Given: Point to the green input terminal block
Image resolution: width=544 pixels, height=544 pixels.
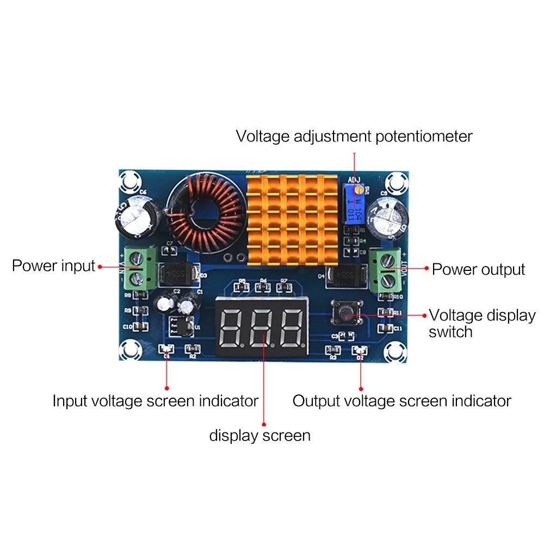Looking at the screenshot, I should (139, 267).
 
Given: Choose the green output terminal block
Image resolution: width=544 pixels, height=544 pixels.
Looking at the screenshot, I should (386, 269).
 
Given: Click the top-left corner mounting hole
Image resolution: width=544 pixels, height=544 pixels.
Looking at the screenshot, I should (131, 181).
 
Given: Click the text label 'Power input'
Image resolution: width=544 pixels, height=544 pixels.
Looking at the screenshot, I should (53, 266).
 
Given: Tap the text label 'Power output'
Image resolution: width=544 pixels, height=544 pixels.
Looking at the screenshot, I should (478, 269).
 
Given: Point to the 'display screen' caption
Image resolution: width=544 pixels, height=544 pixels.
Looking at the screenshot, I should (259, 435).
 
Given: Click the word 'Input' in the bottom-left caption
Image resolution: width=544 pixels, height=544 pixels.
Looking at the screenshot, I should (70, 401).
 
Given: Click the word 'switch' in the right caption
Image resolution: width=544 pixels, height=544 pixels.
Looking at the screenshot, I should (450, 332).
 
